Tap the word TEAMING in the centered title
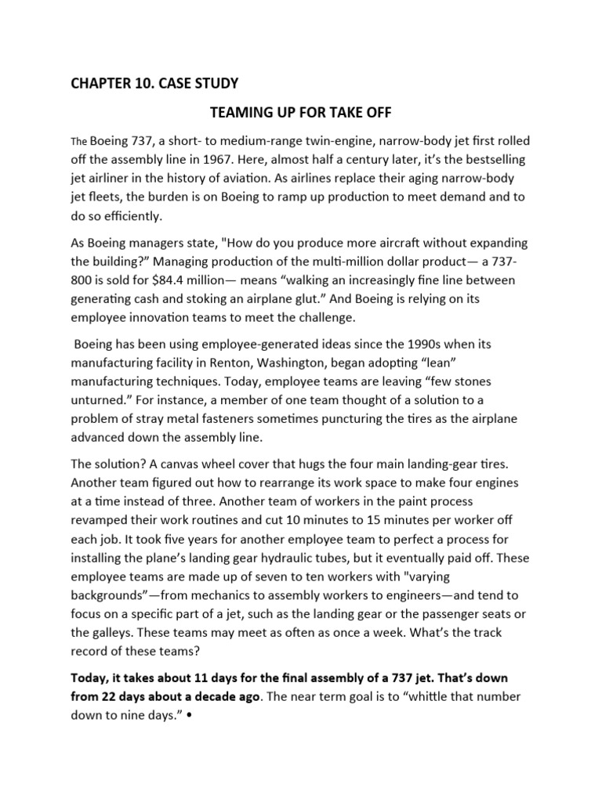246,113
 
